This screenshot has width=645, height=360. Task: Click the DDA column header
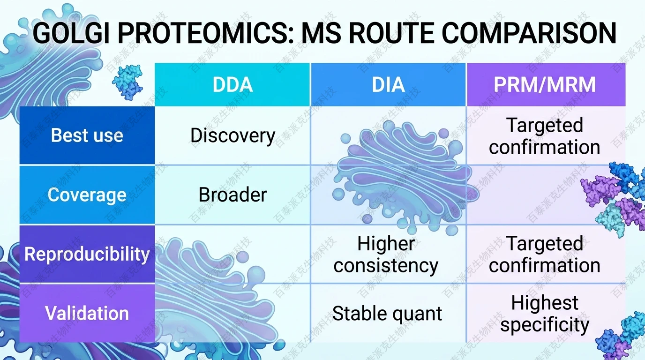point(232,85)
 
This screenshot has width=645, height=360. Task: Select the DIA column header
point(388,85)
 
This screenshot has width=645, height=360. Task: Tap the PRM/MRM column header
point(545,85)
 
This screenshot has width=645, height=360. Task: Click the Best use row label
point(87,135)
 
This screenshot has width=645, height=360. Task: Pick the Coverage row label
point(87,195)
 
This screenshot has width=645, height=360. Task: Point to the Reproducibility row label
point(87,254)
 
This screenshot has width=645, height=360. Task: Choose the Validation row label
point(87,313)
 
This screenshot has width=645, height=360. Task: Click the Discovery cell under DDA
point(232,136)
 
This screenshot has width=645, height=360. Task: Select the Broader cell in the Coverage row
point(232,195)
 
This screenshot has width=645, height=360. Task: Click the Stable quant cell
point(387,314)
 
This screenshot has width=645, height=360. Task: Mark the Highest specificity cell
point(545,314)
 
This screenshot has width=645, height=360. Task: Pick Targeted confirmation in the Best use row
point(545,136)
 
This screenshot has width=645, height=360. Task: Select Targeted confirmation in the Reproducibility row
point(545,255)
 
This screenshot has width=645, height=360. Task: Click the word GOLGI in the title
point(71,34)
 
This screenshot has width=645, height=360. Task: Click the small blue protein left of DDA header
point(127,82)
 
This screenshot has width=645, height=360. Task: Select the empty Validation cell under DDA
point(232,313)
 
